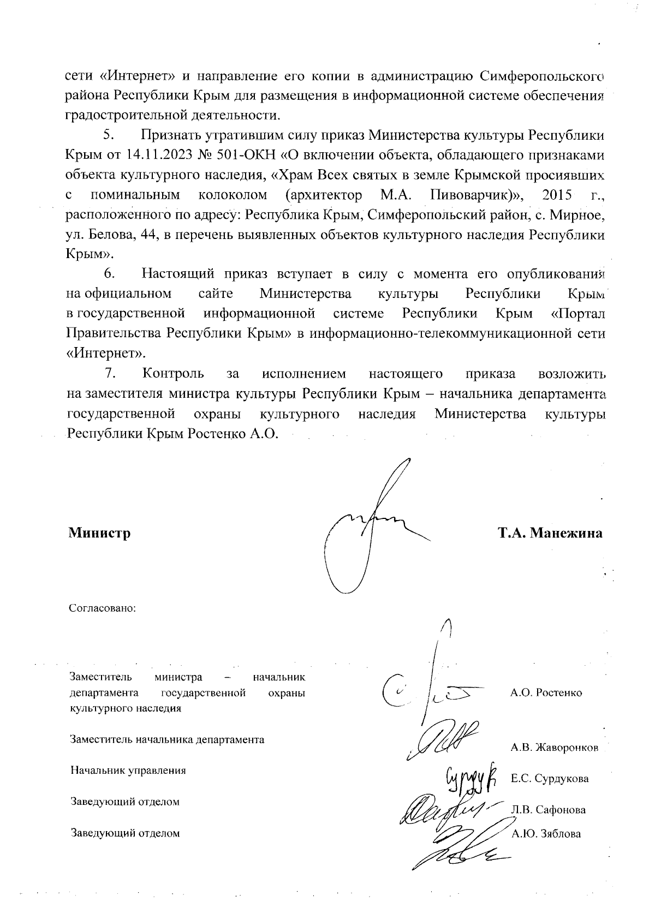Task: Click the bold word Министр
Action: click(99, 533)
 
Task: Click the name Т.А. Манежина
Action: click(550, 533)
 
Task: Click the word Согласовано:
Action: click(102, 608)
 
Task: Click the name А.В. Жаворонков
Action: click(554, 748)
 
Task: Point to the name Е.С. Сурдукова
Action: click(550, 779)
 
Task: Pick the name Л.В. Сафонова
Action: click(548, 810)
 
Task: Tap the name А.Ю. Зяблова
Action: click(546, 834)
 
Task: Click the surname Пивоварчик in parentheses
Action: click(467, 195)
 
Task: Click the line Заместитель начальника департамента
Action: click(167, 740)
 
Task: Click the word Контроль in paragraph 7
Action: click(173, 374)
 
